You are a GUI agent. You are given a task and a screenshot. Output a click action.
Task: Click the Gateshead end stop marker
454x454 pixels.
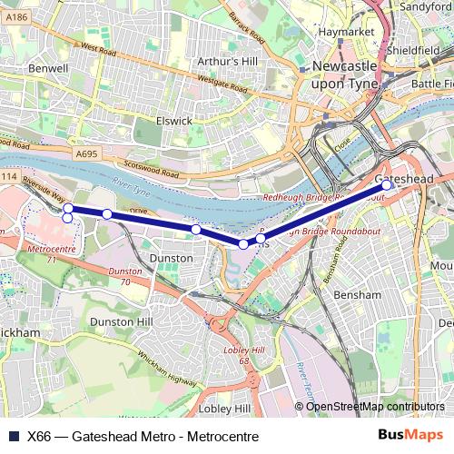[386, 184]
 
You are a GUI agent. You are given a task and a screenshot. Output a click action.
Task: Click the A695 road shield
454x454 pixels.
[86, 154]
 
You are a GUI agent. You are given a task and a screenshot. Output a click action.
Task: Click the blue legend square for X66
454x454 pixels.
[12, 436]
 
